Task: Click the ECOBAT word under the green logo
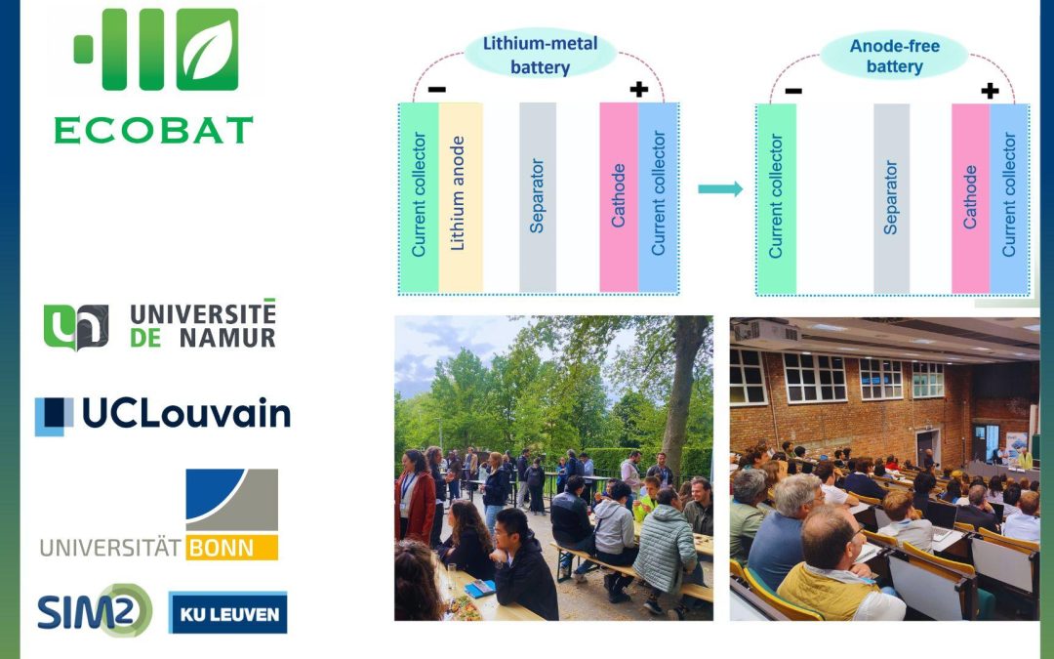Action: coord(153,130)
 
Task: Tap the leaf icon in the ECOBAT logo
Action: coord(207,49)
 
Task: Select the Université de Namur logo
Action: coord(160,325)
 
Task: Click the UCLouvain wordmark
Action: coord(186,413)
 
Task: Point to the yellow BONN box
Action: coord(231,548)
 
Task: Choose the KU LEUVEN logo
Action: coord(227,612)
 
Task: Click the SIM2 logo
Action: coord(95,610)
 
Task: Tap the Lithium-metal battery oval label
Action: coord(540,55)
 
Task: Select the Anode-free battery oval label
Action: coord(894,56)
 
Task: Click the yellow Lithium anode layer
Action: coord(461,197)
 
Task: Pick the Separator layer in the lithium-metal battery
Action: coord(538,197)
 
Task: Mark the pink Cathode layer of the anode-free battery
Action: coord(970,198)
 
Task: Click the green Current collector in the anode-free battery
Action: coord(777,198)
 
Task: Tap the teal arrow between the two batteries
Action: coord(720,189)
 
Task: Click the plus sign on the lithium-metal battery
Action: coord(638,89)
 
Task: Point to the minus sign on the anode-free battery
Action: coord(793,91)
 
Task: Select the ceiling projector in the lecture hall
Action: coord(766,331)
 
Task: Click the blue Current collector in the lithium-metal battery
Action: coord(658,197)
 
